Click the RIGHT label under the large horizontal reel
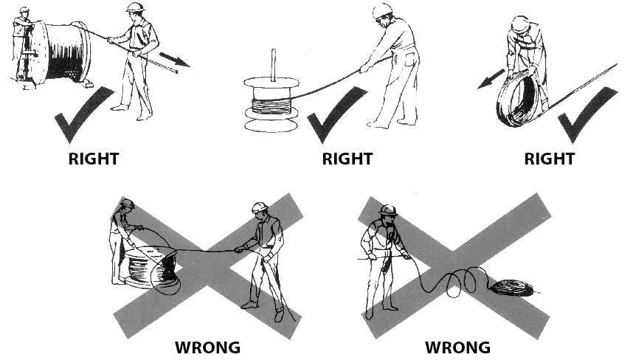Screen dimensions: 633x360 [93, 159]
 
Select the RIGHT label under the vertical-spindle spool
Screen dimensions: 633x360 [347, 159]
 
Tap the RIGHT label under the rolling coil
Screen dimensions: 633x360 [549, 159]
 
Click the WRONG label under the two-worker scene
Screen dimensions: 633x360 [207, 347]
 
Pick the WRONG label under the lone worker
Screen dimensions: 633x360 [457, 347]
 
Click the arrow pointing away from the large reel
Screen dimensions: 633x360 [174, 59]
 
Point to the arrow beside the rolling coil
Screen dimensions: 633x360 [490, 79]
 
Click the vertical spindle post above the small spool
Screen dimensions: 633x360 [274, 65]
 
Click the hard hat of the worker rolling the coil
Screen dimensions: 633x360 [519, 24]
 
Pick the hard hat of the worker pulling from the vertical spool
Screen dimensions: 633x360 [382, 10]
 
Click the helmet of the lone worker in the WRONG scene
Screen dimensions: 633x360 [387, 210]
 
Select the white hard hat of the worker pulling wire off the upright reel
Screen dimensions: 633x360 [260, 207]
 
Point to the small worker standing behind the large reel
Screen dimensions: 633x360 [24, 44]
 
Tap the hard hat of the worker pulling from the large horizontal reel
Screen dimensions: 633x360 [136, 7]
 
